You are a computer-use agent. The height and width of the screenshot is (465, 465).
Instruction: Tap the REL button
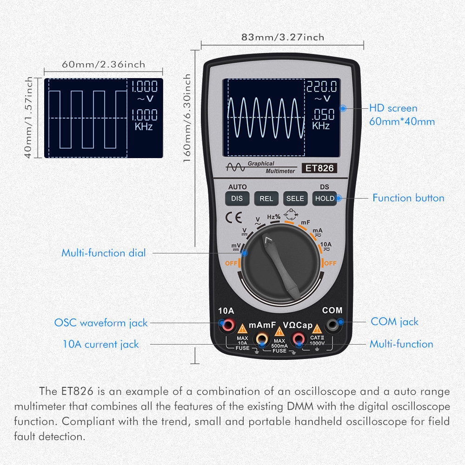[x=266, y=199]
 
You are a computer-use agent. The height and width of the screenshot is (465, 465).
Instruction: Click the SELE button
[x=295, y=199]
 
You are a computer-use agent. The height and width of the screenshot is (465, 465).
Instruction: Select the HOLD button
[x=325, y=199]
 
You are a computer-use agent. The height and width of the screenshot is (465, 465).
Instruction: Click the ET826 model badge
[x=319, y=168]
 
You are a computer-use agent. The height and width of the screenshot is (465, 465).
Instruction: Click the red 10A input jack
[x=227, y=325]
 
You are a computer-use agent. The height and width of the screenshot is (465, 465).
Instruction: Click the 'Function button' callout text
[x=408, y=198]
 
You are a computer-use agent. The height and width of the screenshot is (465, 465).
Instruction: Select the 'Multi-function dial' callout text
[x=103, y=253]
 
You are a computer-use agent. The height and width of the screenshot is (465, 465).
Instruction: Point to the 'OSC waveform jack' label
[x=101, y=322]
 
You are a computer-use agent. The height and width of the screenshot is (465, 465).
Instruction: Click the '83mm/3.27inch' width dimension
[x=282, y=37]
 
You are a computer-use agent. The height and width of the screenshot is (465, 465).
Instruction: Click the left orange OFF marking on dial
[x=231, y=263]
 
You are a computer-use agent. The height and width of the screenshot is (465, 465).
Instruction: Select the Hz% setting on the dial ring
[x=273, y=217]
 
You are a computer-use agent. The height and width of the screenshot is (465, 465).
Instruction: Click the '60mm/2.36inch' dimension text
[x=103, y=64]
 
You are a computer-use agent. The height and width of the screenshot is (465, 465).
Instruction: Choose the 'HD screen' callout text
[x=393, y=108]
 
